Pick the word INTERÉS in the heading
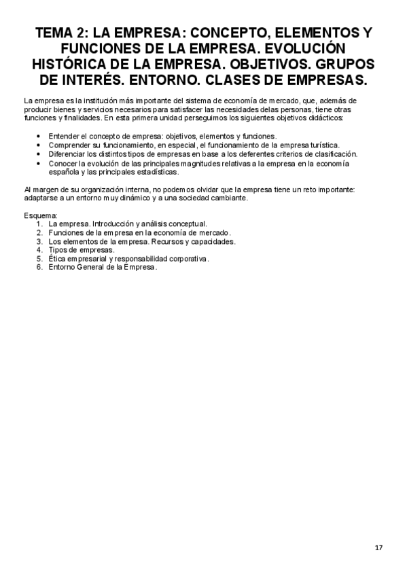[97, 80]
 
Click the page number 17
[378, 547]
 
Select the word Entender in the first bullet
[63, 136]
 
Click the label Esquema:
[39, 215]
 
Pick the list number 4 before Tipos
[40, 249]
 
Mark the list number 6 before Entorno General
[40, 266]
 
